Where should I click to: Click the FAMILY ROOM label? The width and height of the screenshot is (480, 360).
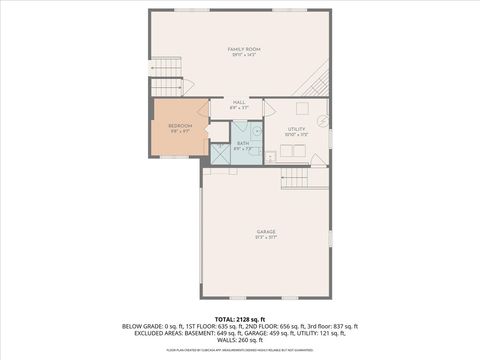tap(239, 49)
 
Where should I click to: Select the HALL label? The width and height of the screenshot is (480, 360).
tap(239, 102)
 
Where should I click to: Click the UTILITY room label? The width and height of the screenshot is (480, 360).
tap(296, 129)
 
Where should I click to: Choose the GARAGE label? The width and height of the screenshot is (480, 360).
tap(265, 232)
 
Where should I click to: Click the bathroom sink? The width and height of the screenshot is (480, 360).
tap(255, 130)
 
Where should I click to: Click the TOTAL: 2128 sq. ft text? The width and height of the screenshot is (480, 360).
tap(239, 319)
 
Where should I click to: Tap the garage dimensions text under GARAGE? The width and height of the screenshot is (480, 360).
tap(265, 238)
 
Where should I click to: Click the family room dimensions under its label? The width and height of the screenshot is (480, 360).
tap(239, 55)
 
